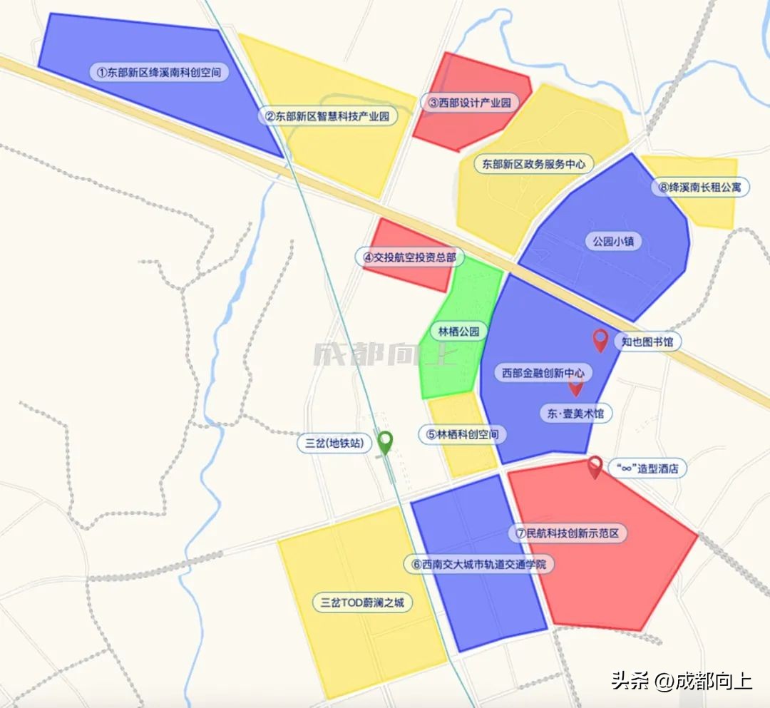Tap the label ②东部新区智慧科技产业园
coord(327,116)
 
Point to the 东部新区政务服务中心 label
coord(533,164)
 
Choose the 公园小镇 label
coord(612,241)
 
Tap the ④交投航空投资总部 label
coord(409,257)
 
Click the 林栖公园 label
coord(458,332)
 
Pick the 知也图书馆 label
coord(647,342)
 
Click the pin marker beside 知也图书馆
coord(600,339)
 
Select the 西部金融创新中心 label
coord(542,372)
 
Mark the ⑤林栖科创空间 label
coord(462,434)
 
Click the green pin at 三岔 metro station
coord(385,442)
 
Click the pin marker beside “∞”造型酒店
coord(595,466)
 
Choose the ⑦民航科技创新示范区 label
coord(568,533)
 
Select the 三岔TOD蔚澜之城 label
coord(362,602)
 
